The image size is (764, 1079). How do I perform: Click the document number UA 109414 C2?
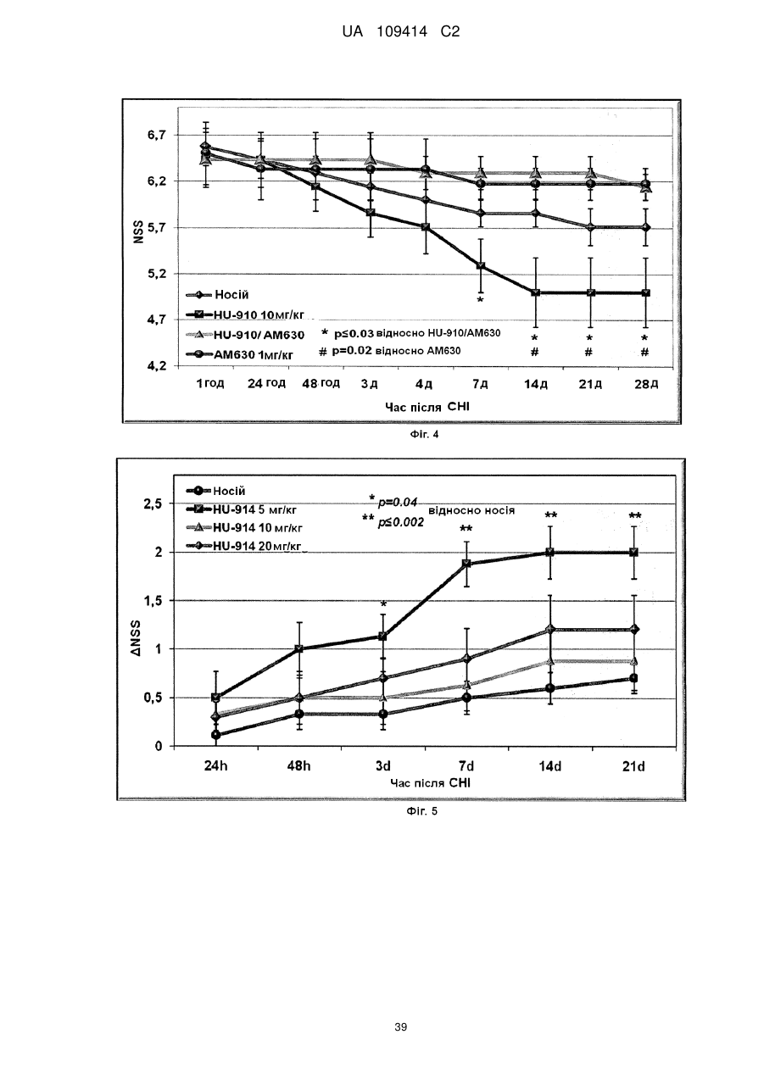401,32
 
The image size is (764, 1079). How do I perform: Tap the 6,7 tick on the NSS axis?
156,136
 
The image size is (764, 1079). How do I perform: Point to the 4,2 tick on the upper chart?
156,366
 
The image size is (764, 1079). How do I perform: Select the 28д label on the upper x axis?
646,384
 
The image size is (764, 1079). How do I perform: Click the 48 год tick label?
321,383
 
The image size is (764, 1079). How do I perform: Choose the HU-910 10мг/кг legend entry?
245,315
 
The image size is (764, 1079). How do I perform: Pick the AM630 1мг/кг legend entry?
240,355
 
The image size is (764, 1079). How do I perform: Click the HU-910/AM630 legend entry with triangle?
245,335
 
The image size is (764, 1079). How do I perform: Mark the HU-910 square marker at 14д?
535,292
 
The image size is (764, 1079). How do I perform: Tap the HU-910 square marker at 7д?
481,265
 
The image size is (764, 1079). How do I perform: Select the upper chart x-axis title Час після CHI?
427,407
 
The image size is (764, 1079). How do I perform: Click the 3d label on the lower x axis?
382,766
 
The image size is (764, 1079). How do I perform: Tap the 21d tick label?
633,766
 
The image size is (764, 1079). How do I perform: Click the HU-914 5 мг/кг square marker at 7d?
466,564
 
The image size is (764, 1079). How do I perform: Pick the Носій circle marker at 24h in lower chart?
215,735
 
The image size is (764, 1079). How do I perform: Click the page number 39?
400,1027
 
